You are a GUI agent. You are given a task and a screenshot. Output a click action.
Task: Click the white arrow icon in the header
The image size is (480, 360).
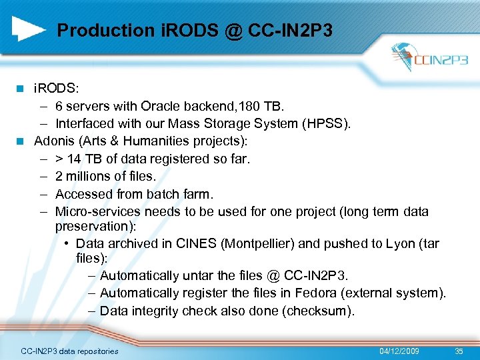29,29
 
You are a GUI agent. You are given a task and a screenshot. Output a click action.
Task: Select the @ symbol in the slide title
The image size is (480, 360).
233,31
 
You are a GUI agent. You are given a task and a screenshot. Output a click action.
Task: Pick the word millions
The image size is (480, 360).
90,177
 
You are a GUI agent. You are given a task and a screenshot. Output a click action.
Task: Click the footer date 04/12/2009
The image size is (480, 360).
399,351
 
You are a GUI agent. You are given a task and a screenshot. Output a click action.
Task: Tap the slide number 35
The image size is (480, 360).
458,351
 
